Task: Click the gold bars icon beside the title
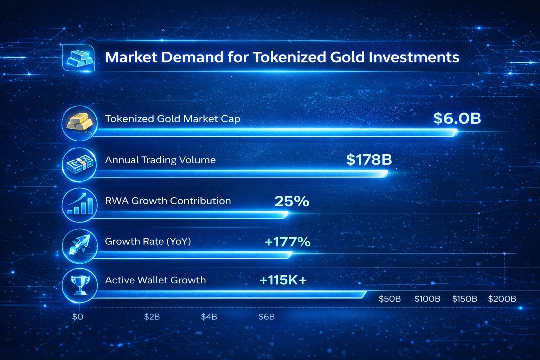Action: (79, 58)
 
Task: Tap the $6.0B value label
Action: (457, 118)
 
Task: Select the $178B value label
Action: (369, 160)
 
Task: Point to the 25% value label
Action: (292, 201)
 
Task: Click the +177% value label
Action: (288, 242)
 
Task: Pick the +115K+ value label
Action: (283, 280)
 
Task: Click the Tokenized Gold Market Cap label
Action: (173, 119)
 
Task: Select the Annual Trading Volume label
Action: (160, 160)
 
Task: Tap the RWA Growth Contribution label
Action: (168, 201)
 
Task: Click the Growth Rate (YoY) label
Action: (148, 242)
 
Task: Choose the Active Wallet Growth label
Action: (155, 280)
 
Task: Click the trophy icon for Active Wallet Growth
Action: (80, 285)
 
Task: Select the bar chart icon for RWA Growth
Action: (80, 204)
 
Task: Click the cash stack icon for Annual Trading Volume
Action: (80, 164)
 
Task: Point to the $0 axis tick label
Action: (78, 317)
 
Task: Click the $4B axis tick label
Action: (209, 317)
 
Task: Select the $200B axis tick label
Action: (502, 299)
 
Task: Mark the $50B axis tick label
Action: (390, 299)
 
